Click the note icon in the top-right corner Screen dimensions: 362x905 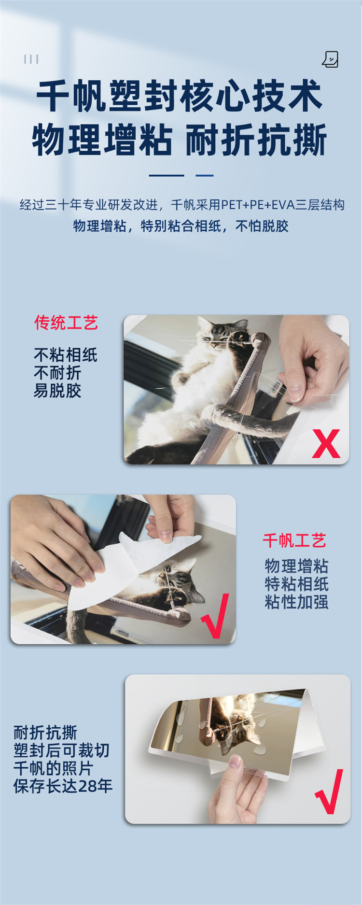pos(330,59)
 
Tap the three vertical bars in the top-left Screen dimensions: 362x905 pos(31,59)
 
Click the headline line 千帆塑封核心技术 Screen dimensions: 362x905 pos(179,97)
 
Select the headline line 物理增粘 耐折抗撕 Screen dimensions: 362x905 pos(180,140)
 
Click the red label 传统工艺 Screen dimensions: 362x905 pos(66,323)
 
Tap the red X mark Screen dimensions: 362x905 pos(326,444)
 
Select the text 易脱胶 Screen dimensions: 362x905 pos(57,391)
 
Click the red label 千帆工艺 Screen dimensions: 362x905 pos(294,540)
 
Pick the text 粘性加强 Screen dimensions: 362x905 pos(297,602)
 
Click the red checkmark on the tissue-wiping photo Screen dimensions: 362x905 pos(215,616)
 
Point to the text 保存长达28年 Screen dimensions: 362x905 pos(63,786)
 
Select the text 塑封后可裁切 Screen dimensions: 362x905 pos(61,750)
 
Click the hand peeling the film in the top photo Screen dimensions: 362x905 pos(314,360)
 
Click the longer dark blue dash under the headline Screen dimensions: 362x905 pos(167,175)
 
